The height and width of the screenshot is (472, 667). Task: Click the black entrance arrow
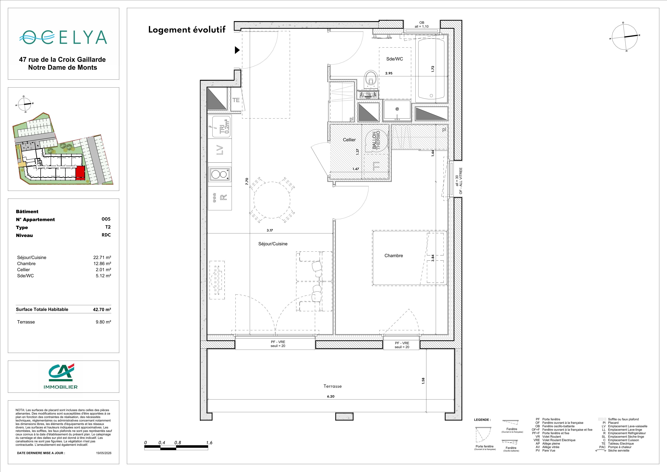[x=237, y=50]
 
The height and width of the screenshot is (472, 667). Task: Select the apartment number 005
[x=106, y=219]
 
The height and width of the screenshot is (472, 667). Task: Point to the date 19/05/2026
[x=104, y=453]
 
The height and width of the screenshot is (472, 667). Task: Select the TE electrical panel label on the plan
[x=236, y=100]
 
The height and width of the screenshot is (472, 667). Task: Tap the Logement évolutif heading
[x=187, y=30]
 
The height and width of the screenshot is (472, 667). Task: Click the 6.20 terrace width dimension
[x=331, y=396]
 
